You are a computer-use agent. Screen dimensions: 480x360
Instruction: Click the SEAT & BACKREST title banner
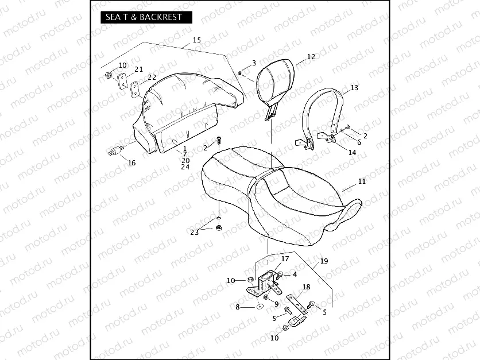coord(146,17)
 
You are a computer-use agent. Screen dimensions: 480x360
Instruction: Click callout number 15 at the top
coord(197,40)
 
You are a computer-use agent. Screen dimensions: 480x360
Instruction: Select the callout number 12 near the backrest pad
coord(311,57)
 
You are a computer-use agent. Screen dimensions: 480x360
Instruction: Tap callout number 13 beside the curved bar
coord(354,88)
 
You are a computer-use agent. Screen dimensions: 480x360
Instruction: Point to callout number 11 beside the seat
coord(362,181)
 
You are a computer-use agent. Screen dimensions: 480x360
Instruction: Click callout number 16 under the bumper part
coord(131,163)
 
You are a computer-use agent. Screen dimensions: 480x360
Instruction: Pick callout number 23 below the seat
coord(195,233)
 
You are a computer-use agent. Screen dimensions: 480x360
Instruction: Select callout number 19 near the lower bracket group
coord(324,261)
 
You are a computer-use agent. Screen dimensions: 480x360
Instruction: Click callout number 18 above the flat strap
coord(306,287)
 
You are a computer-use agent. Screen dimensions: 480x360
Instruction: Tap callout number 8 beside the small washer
coord(238,307)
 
